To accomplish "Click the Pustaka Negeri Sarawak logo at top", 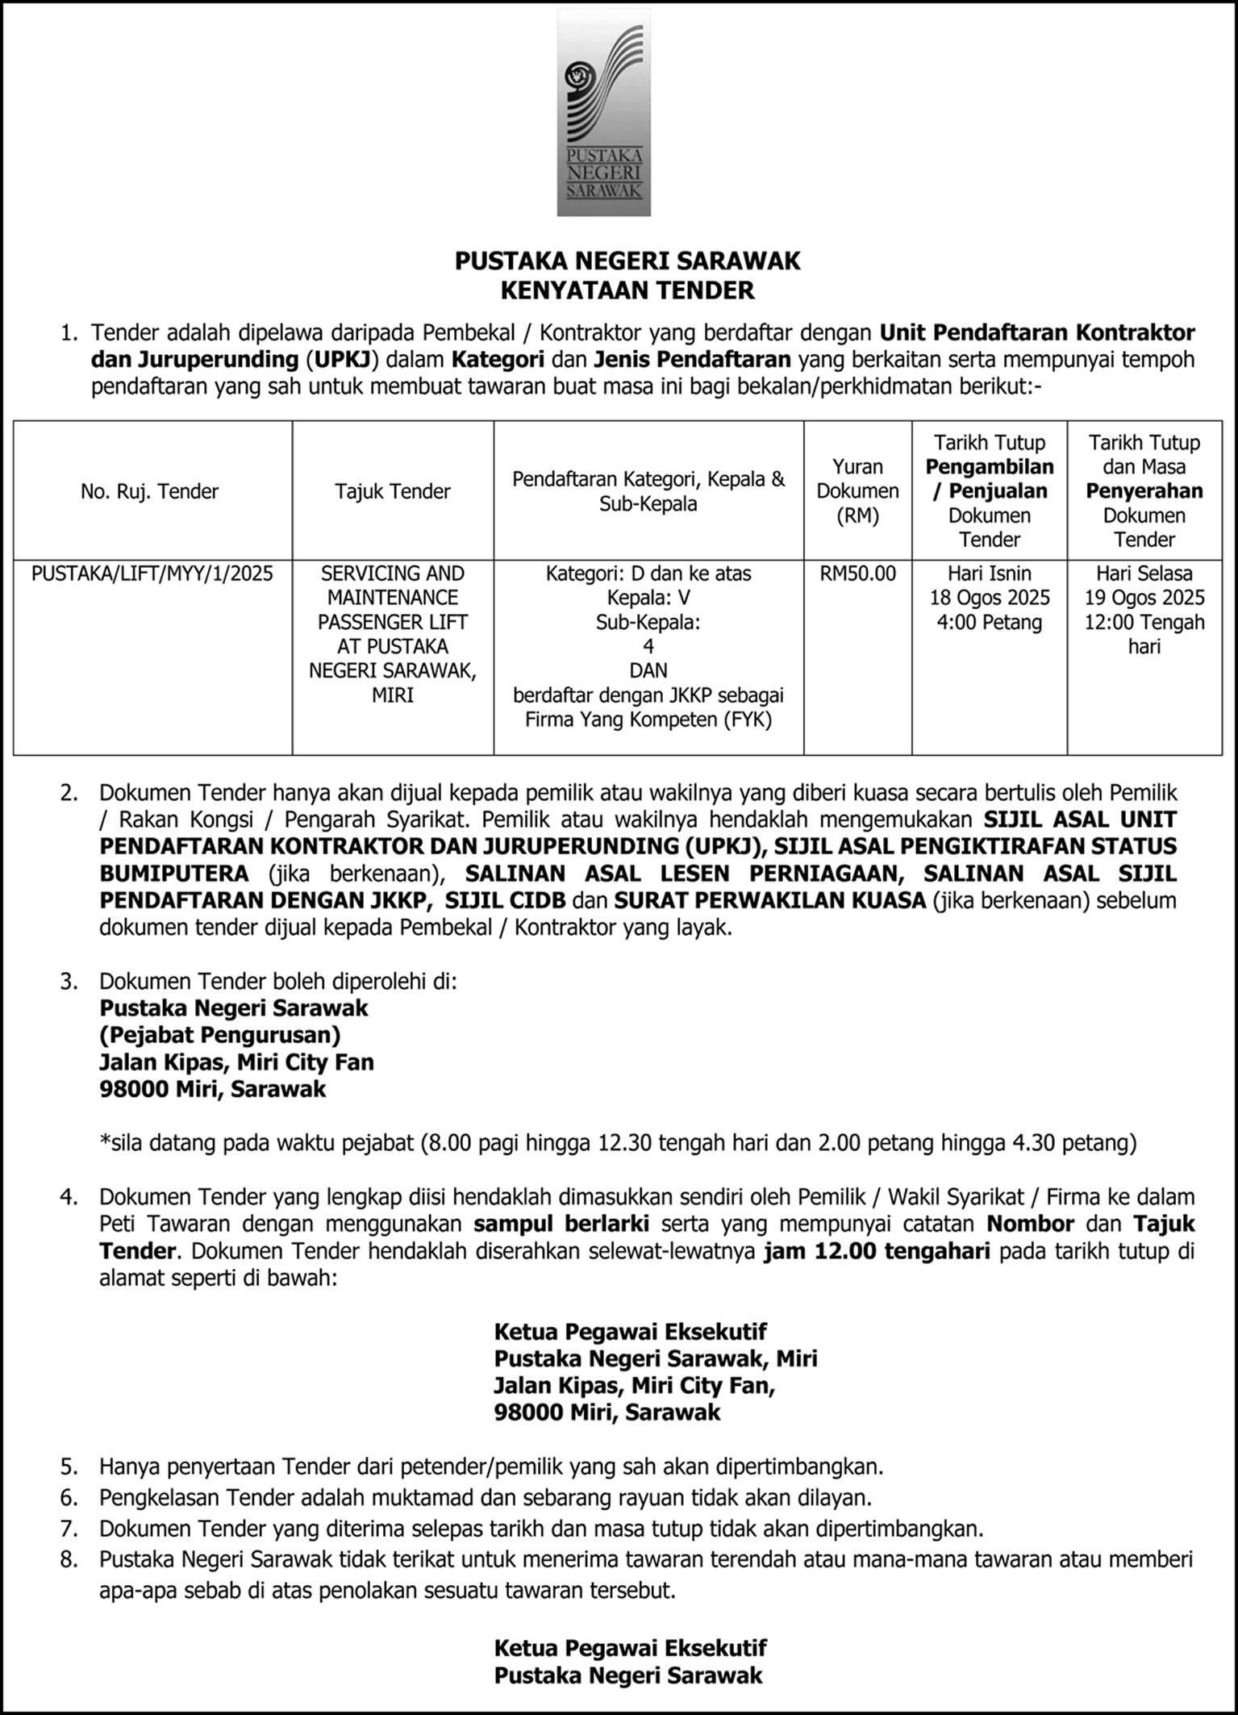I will pos(603,113).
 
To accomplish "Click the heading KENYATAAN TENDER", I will pos(627,290).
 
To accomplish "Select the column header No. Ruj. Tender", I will pos(150,491).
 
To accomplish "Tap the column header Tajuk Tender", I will pos(393,491).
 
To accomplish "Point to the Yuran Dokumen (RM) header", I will pos(857,490).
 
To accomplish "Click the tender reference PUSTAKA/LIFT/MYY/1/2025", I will pos(152,574).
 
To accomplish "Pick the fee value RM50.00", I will pos(857,574).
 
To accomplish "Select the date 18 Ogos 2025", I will pos(990,598).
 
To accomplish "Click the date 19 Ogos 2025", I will pos(1144,598).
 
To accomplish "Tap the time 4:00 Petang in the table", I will pos(990,622).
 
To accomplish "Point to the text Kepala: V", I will pos(648,598).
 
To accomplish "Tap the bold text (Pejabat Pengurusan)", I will pos(219,1035).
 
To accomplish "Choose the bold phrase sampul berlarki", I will pos(561,1224).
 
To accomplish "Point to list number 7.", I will pos(69,1529).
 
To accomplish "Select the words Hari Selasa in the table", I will pos(1144,574).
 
